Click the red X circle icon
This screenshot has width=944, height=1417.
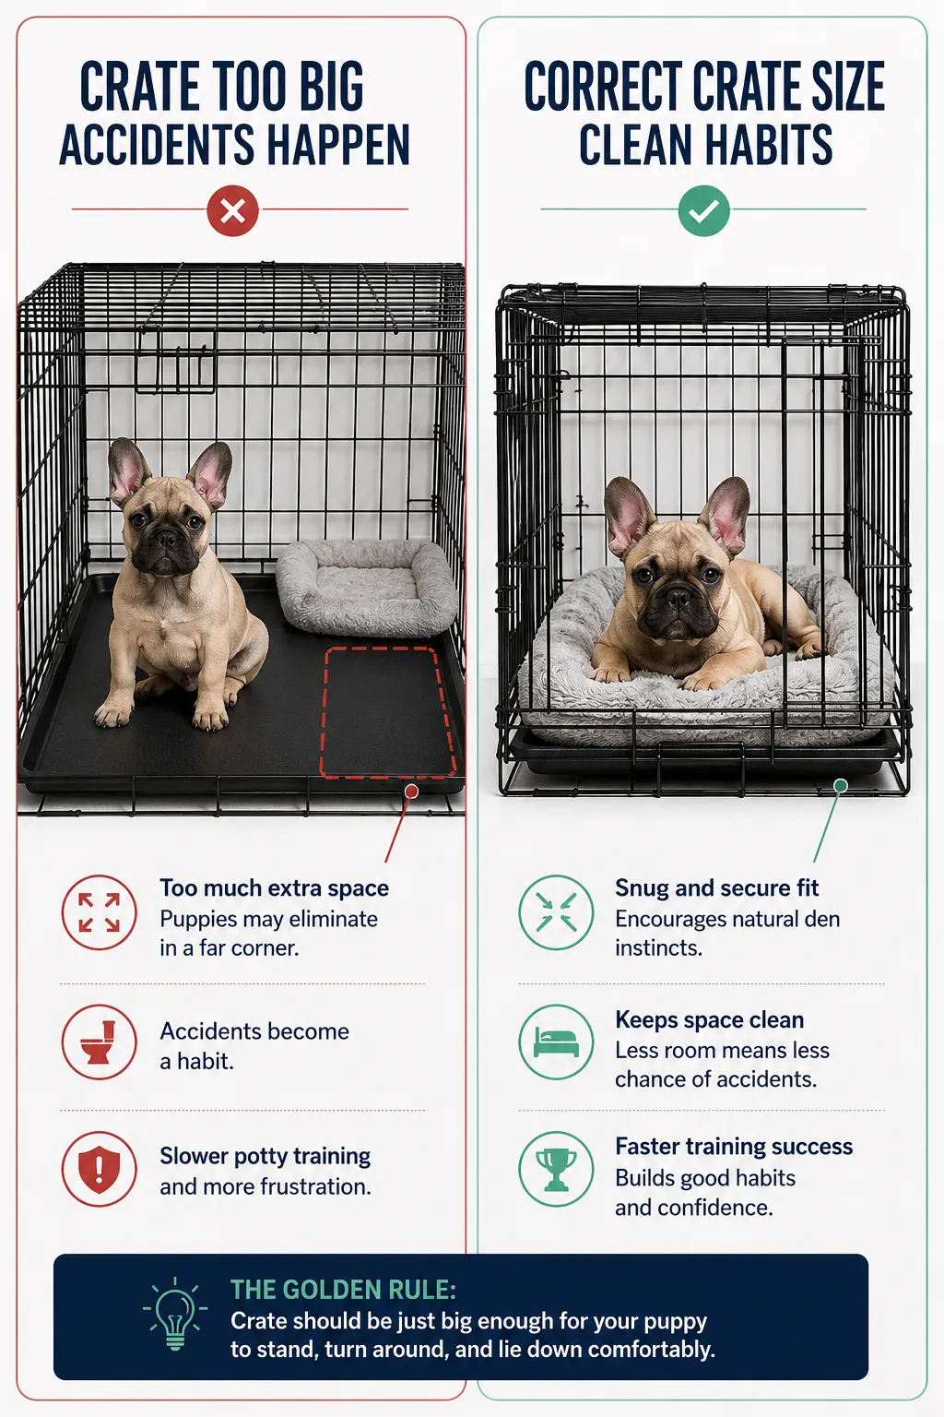coord(232,210)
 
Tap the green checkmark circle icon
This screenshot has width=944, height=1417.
coord(703,210)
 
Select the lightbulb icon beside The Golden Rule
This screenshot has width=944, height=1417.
coord(175,1314)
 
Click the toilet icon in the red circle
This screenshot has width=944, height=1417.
coord(99,1042)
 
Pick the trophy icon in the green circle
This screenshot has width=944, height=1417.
coord(556,1169)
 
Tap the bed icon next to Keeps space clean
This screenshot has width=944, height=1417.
coord(556,1042)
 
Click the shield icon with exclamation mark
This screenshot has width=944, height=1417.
coord(99,1169)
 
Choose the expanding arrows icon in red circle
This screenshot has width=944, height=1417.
coord(99,912)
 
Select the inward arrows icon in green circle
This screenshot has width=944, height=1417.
coord(556,912)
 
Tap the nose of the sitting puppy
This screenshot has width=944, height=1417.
coord(166,539)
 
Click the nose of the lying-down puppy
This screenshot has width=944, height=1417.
coord(678,596)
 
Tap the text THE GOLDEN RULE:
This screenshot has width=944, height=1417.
coord(343,1290)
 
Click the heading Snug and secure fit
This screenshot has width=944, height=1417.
coord(716,888)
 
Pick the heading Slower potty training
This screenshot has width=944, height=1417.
coord(265,1156)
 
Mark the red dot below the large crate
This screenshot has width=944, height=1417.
coord(411,792)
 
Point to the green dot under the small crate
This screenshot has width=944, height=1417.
coord(841,786)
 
